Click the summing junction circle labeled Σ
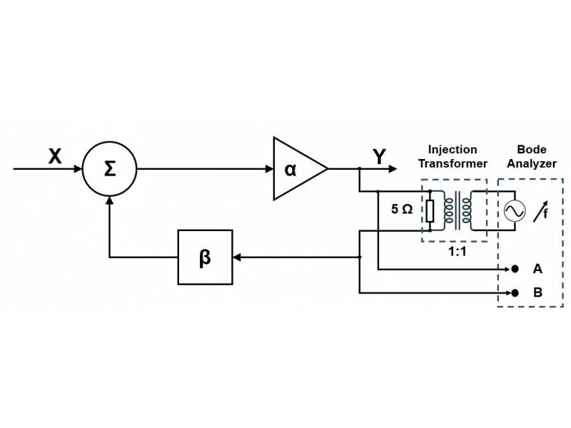click(109, 169)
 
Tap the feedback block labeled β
click(205, 257)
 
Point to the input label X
click(55, 156)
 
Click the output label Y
click(379, 156)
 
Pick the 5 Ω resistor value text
click(401, 210)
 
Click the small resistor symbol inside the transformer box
click(430, 210)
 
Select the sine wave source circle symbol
click(515, 210)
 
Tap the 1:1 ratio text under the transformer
click(457, 252)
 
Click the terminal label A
click(537, 269)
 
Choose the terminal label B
click(537, 292)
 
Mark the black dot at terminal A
click(514, 269)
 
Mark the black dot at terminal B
click(514, 292)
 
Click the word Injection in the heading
click(453, 150)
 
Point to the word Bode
click(532, 150)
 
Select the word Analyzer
click(532, 163)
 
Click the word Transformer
click(453, 163)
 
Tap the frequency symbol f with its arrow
click(542, 210)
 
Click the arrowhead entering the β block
click(238, 257)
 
